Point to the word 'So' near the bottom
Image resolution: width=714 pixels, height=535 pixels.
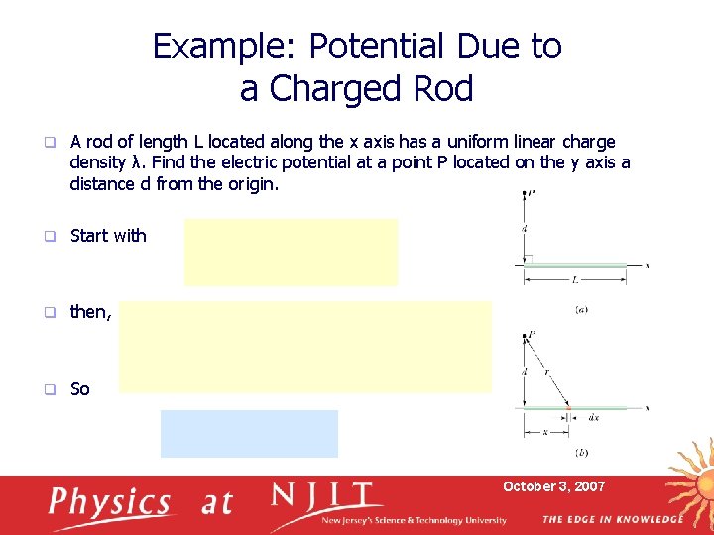tap(80, 389)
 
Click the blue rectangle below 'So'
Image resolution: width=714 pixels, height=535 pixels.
tap(249, 433)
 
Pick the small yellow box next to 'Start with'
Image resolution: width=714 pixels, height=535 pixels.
tap(291, 252)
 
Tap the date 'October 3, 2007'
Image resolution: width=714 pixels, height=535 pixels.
tap(553, 486)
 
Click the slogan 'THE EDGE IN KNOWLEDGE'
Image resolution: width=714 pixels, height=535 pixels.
tap(612, 519)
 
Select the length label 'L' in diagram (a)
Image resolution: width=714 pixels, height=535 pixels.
tap(576, 280)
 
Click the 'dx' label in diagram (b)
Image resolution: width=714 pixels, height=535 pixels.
tap(594, 418)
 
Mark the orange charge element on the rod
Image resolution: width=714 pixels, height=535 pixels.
tap(569, 407)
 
